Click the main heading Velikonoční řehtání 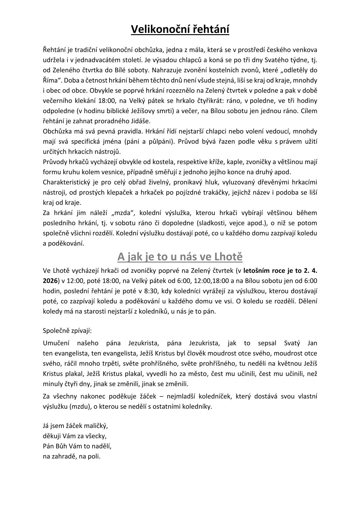pyautogui.click(x=180, y=30)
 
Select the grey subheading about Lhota pyautogui.click(x=180, y=256)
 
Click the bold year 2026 pyautogui.click(x=50, y=281)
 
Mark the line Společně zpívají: pyautogui.click(x=67, y=331)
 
